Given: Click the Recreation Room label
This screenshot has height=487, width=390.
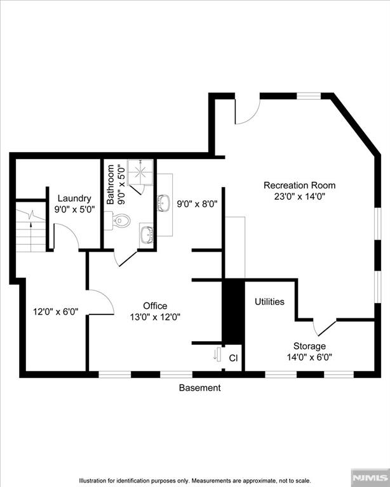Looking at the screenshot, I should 299,185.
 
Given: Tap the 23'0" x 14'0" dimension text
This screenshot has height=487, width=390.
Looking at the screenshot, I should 299,197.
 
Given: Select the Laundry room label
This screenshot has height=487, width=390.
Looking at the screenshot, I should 74,198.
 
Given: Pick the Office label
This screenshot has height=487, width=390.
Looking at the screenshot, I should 155,306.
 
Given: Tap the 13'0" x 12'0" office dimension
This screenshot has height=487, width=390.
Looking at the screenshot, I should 155,317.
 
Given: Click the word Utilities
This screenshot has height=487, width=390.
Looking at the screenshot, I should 269,302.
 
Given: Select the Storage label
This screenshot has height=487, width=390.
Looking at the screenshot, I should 309,346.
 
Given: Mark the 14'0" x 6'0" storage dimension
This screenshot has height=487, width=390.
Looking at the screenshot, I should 309,356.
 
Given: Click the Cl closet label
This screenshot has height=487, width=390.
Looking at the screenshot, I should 233,358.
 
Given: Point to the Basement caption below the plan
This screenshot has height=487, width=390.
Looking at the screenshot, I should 200,387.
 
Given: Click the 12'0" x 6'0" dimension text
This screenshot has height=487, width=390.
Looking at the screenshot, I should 55,311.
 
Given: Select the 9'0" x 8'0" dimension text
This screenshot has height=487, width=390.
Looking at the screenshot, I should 197,204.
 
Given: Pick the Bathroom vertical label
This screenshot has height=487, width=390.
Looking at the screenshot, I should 111,184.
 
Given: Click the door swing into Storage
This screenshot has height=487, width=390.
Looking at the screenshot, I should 324,327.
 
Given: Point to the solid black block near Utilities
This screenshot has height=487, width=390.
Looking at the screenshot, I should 233,311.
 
